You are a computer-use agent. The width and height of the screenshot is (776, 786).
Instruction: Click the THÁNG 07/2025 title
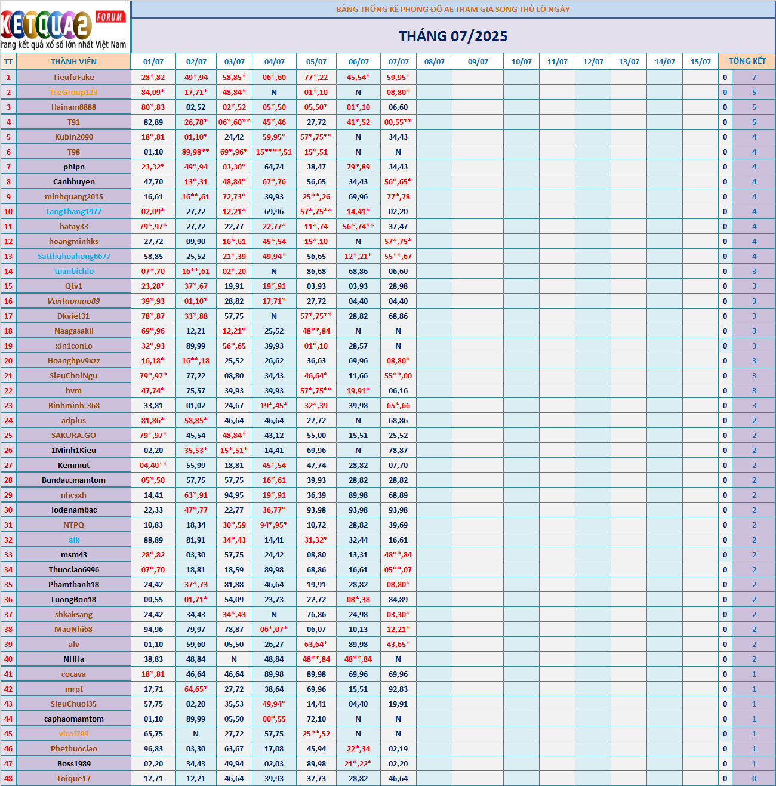click(x=453, y=36)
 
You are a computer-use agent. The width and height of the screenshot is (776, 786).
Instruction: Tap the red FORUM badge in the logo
click(x=110, y=17)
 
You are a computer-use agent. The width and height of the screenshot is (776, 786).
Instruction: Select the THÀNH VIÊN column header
click(x=73, y=61)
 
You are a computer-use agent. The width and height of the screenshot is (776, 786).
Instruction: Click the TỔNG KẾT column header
click(x=747, y=61)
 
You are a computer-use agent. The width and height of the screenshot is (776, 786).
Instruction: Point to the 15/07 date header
click(x=700, y=61)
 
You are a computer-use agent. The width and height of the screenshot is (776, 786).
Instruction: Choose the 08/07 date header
click(x=434, y=61)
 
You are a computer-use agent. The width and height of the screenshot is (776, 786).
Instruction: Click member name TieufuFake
click(x=73, y=77)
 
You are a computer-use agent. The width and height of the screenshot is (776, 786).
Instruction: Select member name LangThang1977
click(x=73, y=211)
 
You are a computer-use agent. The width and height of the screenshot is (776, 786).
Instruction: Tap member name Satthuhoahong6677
click(x=73, y=256)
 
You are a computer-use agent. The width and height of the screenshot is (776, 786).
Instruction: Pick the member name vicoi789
click(x=73, y=733)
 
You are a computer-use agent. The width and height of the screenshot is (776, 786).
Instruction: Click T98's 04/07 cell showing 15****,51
click(x=274, y=152)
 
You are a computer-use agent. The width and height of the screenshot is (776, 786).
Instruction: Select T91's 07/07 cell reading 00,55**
click(x=398, y=122)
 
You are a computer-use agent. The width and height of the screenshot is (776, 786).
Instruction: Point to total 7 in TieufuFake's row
click(x=754, y=77)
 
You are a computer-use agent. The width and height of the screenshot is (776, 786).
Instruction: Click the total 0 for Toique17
click(x=754, y=778)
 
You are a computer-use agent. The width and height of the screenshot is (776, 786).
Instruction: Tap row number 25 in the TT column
click(x=8, y=435)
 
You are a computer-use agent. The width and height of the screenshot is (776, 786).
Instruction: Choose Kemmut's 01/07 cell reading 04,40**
click(x=153, y=465)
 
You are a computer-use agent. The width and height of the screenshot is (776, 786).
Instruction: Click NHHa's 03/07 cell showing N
click(x=234, y=659)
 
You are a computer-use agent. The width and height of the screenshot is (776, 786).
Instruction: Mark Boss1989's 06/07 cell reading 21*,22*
click(x=358, y=763)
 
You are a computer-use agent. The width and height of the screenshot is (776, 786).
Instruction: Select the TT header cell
click(x=8, y=61)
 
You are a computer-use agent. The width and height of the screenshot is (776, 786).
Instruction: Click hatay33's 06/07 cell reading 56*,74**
click(x=358, y=226)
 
